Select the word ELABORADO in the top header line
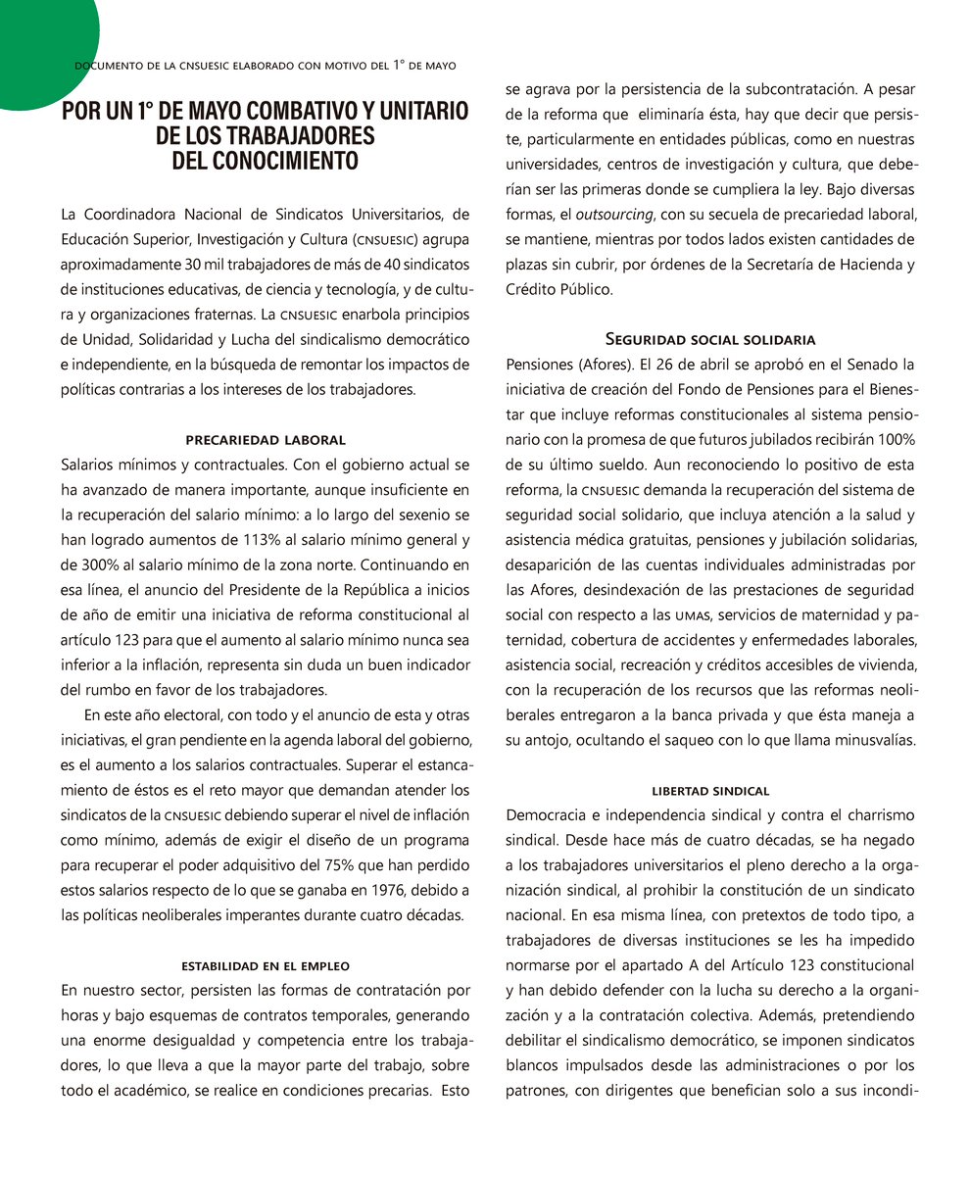click(x=212, y=66)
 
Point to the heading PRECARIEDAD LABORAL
click(x=266, y=440)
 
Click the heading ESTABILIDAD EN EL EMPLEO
click(x=266, y=966)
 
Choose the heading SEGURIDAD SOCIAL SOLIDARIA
click(x=710, y=340)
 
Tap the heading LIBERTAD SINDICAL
click(x=710, y=791)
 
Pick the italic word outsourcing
click(x=610, y=214)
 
